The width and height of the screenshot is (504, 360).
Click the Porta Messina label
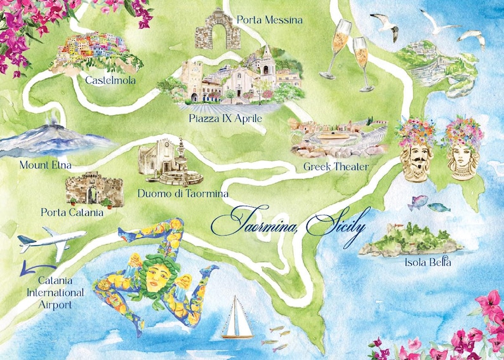point(269,20)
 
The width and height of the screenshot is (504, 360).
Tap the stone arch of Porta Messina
point(214,30)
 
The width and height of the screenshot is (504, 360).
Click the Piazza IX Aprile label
point(225,118)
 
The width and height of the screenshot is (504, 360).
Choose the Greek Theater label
point(335,167)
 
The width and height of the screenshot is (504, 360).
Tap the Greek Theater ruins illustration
point(336,138)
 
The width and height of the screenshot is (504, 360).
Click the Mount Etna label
point(45,165)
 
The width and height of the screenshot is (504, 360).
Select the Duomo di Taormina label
point(183,193)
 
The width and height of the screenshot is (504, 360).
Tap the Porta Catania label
point(71,213)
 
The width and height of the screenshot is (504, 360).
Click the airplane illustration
point(53,242)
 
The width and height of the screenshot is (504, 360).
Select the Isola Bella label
point(427,262)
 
